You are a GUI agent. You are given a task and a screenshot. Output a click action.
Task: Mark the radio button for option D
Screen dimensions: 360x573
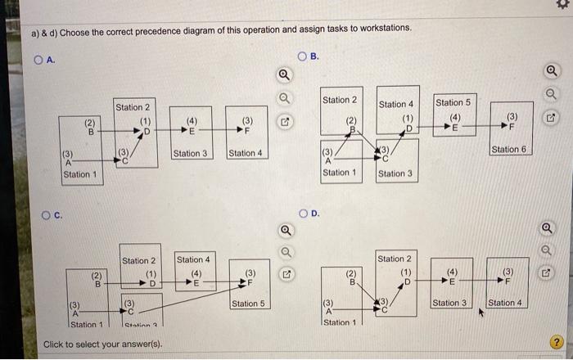(x=305, y=215)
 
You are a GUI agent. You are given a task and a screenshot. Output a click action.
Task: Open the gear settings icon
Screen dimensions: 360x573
(x=561, y=6)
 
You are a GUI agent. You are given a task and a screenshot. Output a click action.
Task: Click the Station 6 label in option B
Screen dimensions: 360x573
(x=508, y=149)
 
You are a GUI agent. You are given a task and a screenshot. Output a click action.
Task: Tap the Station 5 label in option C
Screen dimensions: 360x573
(x=249, y=304)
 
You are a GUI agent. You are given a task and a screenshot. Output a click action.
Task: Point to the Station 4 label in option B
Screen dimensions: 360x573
(x=397, y=105)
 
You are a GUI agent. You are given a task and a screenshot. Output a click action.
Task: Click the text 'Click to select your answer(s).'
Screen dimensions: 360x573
(x=102, y=344)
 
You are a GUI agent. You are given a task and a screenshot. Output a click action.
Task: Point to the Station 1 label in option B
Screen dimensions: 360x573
(x=339, y=173)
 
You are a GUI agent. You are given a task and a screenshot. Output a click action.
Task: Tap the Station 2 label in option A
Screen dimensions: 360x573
(x=133, y=107)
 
